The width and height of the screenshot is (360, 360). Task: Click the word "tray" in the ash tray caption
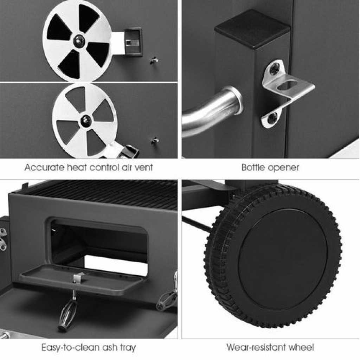[x=128, y=348]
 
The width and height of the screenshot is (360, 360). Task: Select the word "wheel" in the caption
[x=301, y=347]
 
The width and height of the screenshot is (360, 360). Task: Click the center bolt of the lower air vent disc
[x=86, y=120]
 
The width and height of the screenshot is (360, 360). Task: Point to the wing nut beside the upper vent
[x=154, y=60]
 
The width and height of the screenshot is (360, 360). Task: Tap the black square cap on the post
[x=252, y=29]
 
